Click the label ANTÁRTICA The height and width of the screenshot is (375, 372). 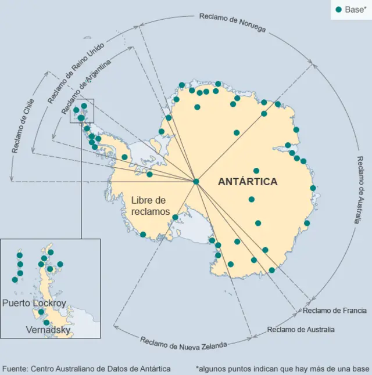pos(248,182)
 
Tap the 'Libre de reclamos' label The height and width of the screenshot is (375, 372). pos(152,205)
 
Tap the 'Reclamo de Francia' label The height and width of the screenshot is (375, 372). pos(334,311)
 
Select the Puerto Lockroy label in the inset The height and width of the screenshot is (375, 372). pos(34,303)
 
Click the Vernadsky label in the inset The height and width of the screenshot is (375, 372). pos(48,330)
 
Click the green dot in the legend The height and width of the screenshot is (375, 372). pos(339,9)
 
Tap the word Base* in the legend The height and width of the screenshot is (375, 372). pos(355,9)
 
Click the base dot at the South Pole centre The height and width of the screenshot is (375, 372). pos(196,182)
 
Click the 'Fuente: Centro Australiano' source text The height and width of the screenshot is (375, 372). pos(87,369)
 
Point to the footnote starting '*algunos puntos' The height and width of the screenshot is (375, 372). pos(282,369)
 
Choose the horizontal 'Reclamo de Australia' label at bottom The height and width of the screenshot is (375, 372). pos(301,330)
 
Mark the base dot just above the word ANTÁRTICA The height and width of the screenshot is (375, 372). pos(256,171)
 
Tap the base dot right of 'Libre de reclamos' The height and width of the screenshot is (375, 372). pos(175,217)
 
